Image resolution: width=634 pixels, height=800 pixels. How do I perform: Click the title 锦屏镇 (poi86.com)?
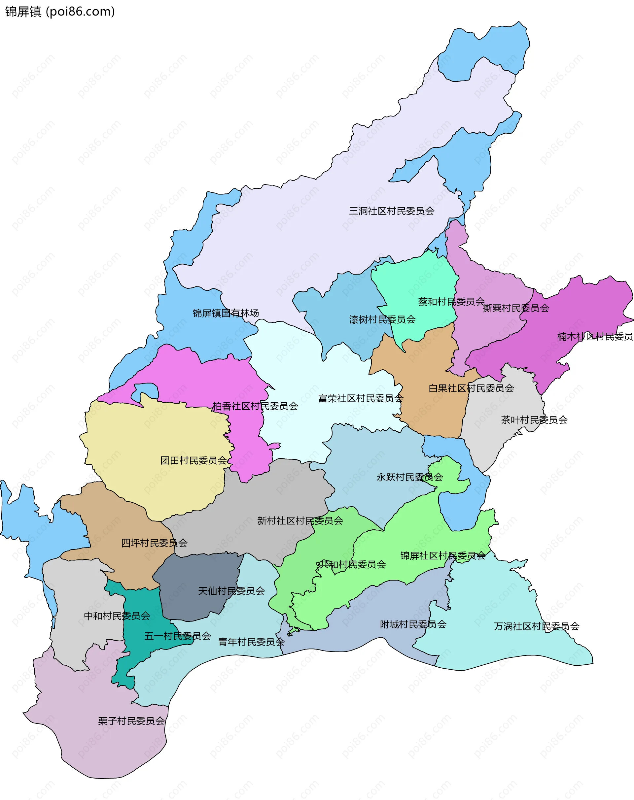coord(60,12)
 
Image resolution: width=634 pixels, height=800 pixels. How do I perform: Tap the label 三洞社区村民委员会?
coord(391,211)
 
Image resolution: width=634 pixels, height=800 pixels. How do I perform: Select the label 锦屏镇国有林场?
coord(226,313)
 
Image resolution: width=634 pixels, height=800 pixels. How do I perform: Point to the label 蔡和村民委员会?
coord(451,302)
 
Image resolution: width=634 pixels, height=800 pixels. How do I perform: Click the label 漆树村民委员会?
coord(382,319)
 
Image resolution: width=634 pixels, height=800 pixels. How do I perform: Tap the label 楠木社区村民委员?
coord(595,337)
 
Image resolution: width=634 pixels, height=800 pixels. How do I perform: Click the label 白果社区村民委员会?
coord(471,388)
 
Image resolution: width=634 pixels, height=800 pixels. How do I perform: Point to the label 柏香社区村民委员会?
coord(255,406)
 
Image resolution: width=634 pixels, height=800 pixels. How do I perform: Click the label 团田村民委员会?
coord(194,460)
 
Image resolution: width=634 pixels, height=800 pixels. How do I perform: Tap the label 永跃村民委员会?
coord(409,477)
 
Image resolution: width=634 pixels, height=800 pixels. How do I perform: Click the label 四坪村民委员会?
coord(154,543)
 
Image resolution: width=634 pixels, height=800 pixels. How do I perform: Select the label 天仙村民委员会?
coord(231,591)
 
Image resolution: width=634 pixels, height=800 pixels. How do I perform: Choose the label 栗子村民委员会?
coord(131,721)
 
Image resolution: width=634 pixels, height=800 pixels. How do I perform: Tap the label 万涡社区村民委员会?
coord(536,626)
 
